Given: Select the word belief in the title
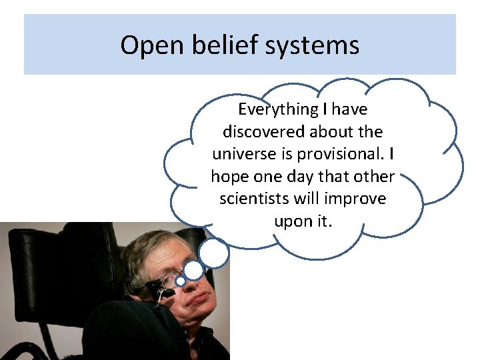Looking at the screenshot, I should [214, 45].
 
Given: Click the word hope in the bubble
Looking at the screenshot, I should [229, 176].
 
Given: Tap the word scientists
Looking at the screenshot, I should [257, 199].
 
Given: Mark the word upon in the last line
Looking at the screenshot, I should [291, 221].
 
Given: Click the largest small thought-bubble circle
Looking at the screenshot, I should [214, 253].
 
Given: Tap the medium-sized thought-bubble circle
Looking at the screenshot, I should [193, 270].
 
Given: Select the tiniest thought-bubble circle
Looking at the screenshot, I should [180, 281].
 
